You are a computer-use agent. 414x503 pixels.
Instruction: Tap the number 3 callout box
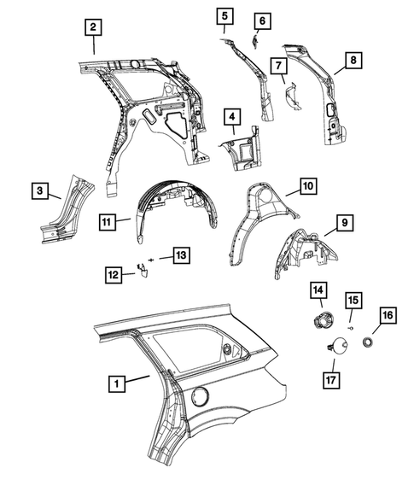point(39,191)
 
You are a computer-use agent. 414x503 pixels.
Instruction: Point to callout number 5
point(223,15)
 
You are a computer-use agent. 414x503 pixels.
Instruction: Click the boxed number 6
point(262,20)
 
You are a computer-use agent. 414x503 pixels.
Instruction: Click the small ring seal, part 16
point(369,342)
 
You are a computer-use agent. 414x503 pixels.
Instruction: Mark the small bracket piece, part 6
point(255,38)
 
